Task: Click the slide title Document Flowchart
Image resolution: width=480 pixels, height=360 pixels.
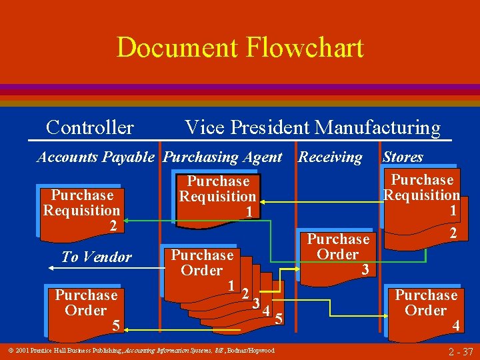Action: (x=240, y=48)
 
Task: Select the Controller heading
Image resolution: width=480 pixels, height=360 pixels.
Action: (x=90, y=127)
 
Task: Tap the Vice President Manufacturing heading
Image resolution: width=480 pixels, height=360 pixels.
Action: (x=312, y=127)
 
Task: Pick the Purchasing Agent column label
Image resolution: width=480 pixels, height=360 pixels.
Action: (x=223, y=157)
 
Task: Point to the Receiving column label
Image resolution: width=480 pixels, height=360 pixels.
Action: (x=330, y=157)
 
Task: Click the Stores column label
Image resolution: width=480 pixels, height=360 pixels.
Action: (x=403, y=157)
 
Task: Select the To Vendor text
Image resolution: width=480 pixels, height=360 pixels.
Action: (x=97, y=257)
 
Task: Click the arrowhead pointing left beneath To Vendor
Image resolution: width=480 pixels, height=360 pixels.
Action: (x=51, y=268)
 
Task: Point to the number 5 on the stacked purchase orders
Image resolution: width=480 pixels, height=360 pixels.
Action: (x=279, y=319)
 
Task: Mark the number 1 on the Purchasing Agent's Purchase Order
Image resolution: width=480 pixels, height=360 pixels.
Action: (x=230, y=285)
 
